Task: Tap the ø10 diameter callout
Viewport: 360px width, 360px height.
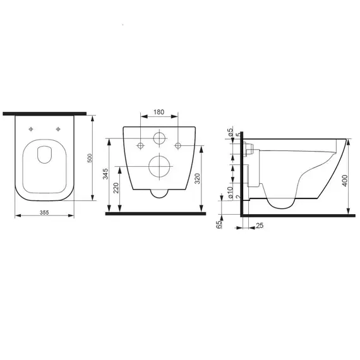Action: coord(231,191)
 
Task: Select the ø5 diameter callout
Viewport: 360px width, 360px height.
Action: coord(231,134)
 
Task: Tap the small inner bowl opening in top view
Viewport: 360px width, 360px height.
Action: coord(44,155)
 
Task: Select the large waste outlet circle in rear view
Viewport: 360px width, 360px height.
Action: coord(158,167)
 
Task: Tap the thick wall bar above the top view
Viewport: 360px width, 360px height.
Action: coord(44,114)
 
